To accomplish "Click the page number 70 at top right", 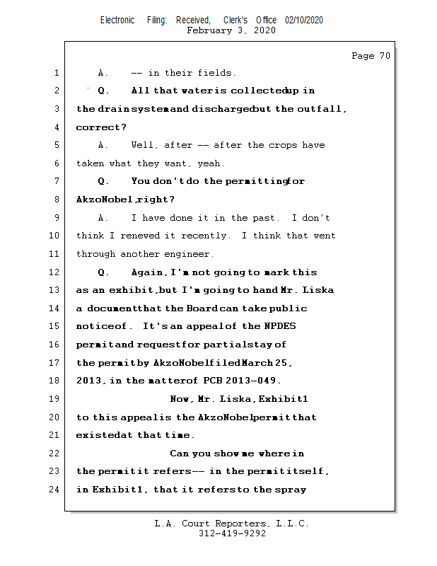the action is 385,56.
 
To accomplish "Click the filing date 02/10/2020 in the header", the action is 304,20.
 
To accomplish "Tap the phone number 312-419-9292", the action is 232,533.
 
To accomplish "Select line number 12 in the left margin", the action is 54,272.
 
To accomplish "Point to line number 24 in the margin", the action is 54,489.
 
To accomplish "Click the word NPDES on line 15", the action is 280,326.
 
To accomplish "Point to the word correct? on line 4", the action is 101,127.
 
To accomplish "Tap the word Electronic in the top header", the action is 117,20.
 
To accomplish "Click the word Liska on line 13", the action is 318,290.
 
